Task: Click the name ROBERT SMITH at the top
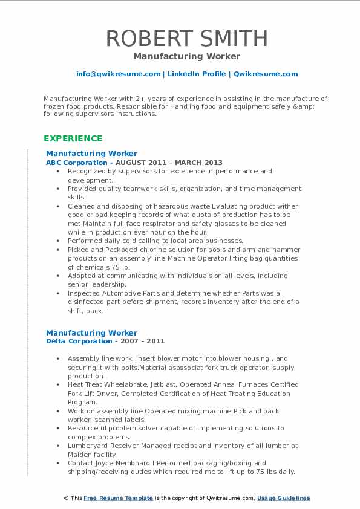click(186, 38)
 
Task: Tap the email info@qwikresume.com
click(118, 74)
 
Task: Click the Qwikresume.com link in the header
click(266, 74)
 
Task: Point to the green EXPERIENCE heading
click(73, 138)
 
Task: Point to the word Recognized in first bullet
click(87, 172)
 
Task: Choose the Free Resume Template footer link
click(119, 498)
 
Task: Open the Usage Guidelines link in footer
click(283, 498)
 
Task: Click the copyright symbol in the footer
click(66, 498)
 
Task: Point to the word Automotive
click(125, 293)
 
